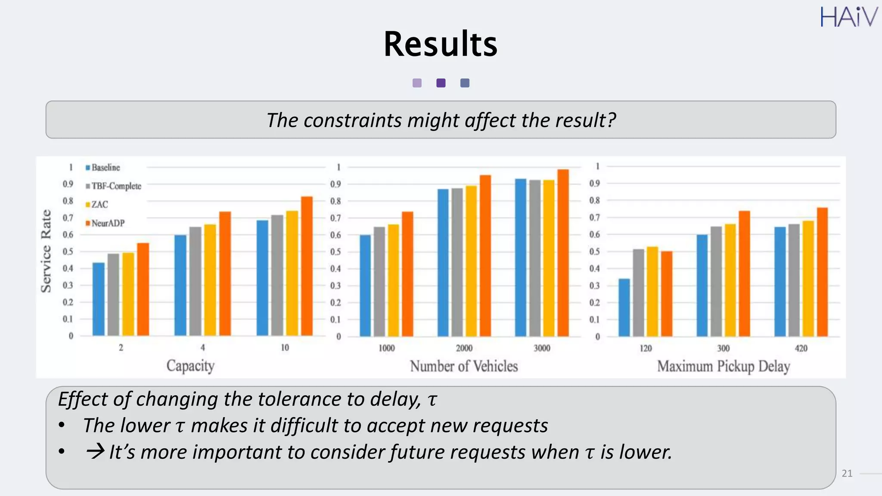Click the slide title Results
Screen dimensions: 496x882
[440, 44]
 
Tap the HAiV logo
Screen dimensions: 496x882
[848, 17]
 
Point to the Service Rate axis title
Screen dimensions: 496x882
[46, 251]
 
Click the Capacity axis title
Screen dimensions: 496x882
[190, 366]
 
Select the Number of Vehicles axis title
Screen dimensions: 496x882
[464, 366]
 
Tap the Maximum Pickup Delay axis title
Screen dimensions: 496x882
[723, 366]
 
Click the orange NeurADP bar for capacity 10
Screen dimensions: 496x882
[307, 266]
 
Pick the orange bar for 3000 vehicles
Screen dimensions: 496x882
[563, 253]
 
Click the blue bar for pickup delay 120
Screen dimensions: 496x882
[624, 307]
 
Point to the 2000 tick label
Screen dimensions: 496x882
[464, 348]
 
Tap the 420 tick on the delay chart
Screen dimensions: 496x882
[801, 348]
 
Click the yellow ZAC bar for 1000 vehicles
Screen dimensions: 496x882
[393, 280]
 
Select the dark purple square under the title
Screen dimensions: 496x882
[441, 83]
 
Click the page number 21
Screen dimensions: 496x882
[847, 473]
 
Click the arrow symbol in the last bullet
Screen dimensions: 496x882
[95, 451]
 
